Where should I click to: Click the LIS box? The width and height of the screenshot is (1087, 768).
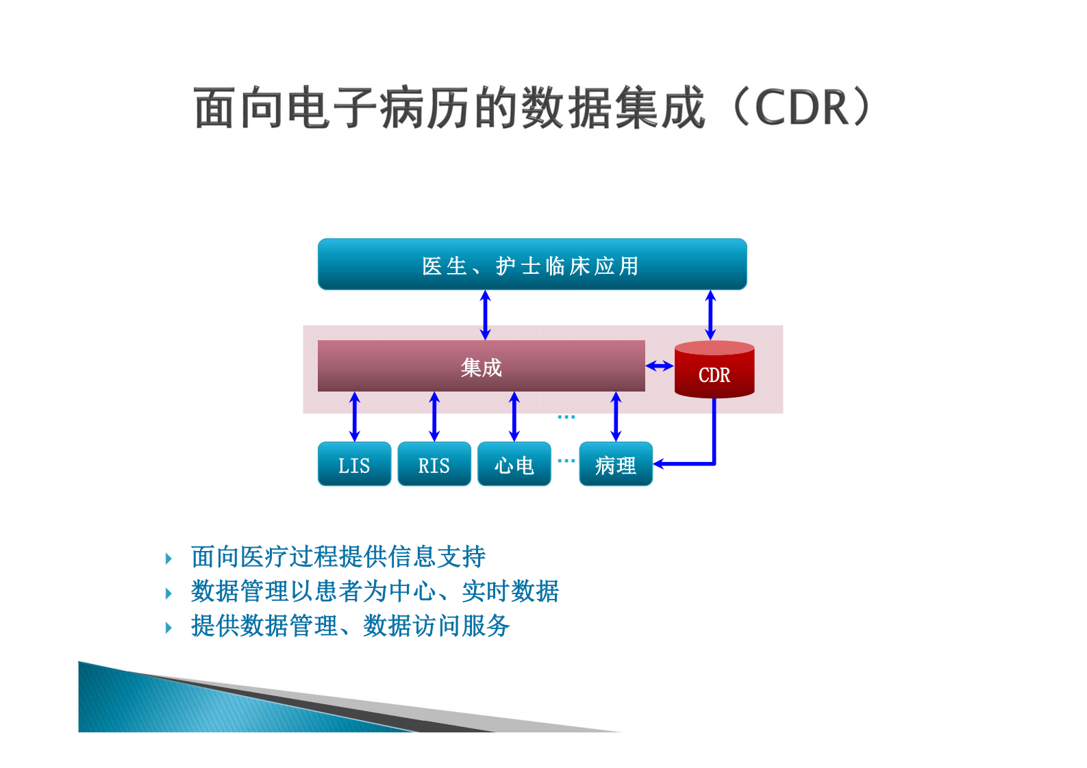[x=354, y=464]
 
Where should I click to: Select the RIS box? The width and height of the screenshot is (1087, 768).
[x=434, y=464]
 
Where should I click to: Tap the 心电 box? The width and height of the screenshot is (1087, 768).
[x=514, y=464]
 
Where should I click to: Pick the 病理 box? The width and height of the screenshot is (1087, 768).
[x=615, y=464]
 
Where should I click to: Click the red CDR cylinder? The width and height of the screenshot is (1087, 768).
[x=714, y=370]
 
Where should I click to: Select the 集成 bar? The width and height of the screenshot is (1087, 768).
[x=481, y=366]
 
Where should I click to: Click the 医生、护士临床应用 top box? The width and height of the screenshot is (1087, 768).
[x=532, y=264]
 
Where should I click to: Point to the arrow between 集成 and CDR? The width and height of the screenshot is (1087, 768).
[x=660, y=366]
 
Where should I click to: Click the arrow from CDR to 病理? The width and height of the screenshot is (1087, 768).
[x=714, y=438]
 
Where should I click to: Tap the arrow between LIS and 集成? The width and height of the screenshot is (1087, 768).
[x=354, y=416]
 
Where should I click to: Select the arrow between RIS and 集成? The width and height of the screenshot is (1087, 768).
[x=434, y=416]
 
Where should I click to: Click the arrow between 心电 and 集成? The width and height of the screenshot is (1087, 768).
[x=514, y=416]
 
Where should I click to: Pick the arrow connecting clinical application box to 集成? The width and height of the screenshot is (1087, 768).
[x=486, y=315]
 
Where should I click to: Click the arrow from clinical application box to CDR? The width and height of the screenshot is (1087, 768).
[x=710, y=315]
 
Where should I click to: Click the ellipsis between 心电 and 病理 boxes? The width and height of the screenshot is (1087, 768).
[x=566, y=461]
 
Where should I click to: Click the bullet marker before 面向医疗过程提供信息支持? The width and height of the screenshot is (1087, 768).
[x=169, y=559]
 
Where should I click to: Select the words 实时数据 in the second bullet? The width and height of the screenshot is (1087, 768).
[x=510, y=591]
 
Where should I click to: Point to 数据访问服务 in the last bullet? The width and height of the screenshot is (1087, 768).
[x=436, y=626]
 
